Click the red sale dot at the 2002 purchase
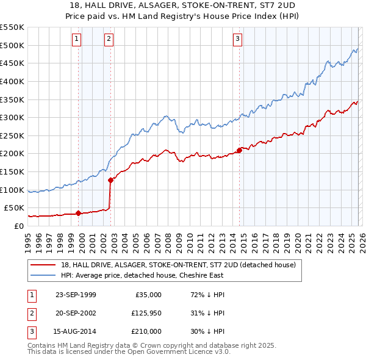coord(111,180)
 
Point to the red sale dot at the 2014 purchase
coord(239,150)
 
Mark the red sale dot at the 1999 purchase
coord(79,213)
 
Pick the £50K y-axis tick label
coord(14,208)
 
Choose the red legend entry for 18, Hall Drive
coord(178,265)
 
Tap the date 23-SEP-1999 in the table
coord(76,295)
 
